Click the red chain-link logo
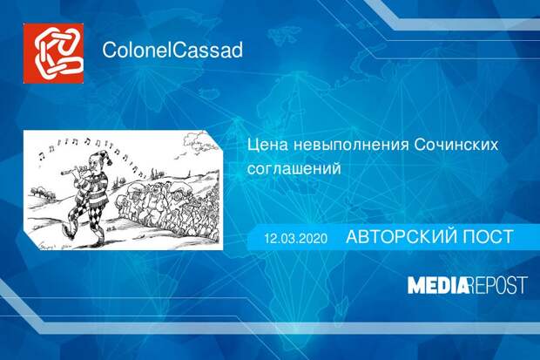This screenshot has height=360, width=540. pos(53,51)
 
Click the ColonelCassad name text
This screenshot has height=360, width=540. pos(172,50)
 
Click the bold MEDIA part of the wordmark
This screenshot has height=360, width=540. pos(437,284)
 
